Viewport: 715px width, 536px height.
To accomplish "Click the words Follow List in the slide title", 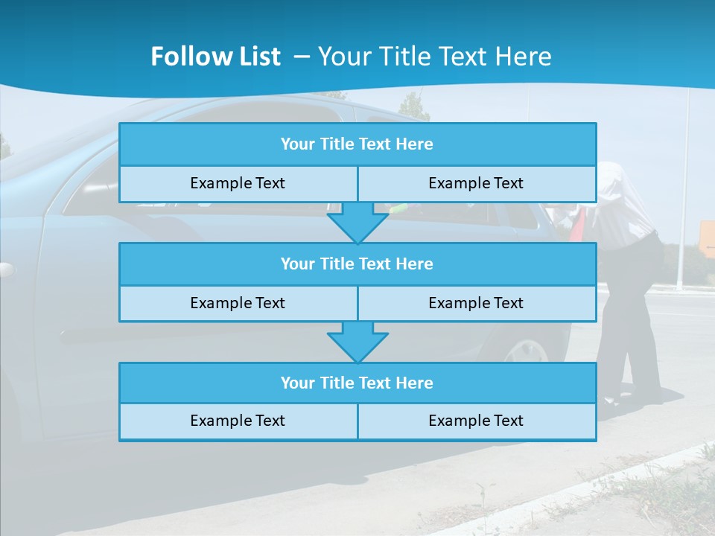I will pos(216,57).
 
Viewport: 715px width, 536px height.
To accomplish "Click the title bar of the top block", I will pos(357,144).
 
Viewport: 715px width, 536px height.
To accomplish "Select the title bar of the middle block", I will pos(357,264).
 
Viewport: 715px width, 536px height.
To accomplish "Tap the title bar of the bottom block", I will pos(357,383).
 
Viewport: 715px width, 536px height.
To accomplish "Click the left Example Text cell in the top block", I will pos(238,183).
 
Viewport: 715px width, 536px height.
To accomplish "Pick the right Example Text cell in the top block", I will pos(476,183).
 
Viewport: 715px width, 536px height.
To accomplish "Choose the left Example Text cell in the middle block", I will pos(238,303).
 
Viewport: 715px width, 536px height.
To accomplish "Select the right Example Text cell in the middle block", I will pos(476,303).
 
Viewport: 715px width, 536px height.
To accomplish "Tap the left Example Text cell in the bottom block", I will pos(238,421).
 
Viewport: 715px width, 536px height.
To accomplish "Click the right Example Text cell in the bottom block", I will pos(476,421).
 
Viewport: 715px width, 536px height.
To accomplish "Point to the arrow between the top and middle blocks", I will pos(357,223).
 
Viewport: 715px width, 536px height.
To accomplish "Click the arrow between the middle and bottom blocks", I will pos(357,342).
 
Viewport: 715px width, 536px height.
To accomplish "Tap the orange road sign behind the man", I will pos(708,239).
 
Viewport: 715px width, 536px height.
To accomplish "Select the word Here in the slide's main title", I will pos(526,57).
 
